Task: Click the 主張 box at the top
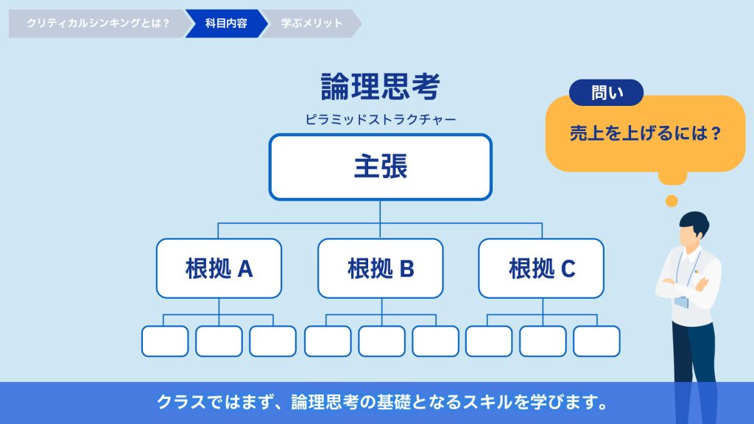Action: [x=380, y=167]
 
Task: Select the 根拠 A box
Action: [x=219, y=269]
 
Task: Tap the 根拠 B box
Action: [x=380, y=269]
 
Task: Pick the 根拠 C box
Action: [x=541, y=269]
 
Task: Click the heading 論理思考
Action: [x=380, y=87]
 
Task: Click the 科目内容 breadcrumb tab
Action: [x=225, y=24]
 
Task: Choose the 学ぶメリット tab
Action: [x=311, y=24]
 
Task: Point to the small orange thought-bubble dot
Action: [x=671, y=200]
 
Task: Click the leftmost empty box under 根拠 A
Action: [x=165, y=341]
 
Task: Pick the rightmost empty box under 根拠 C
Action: [x=596, y=341]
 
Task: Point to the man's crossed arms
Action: [x=685, y=284]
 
